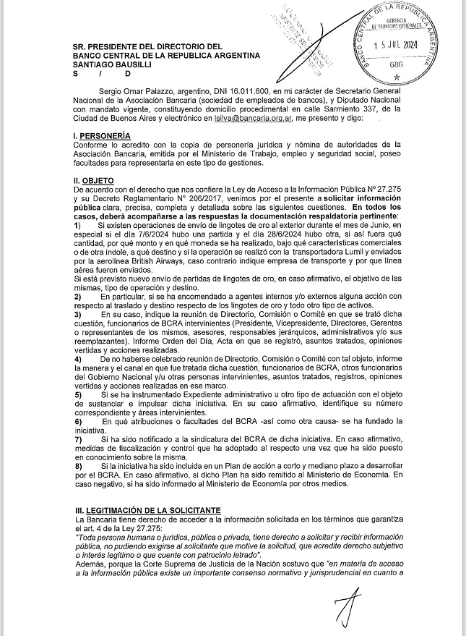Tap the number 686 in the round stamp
tap(396, 64)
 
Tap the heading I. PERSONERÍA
tap(102, 136)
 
